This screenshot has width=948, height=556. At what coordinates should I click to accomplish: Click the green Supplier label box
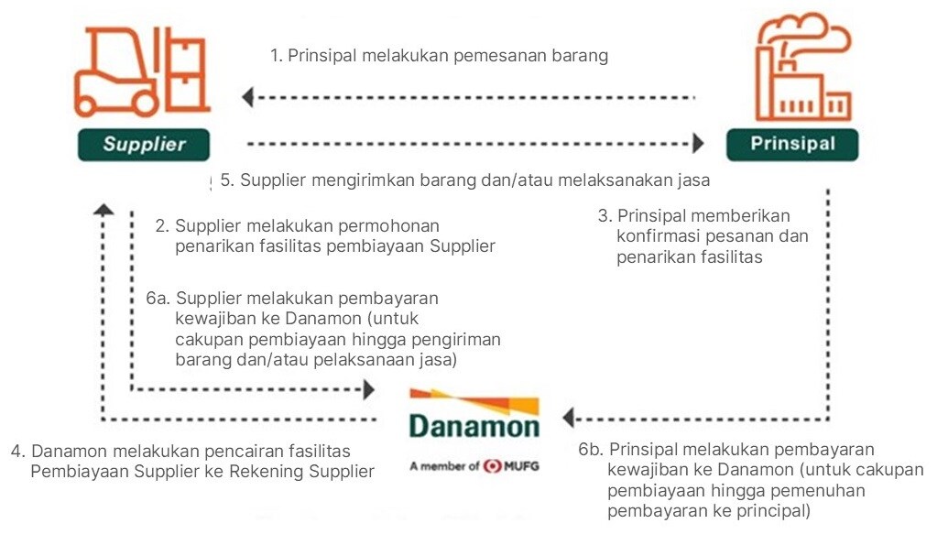[144, 145]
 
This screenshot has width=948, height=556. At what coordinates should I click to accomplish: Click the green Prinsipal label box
[792, 145]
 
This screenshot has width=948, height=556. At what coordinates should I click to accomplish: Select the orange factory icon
[803, 67]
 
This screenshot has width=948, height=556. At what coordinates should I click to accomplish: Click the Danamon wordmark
[474, 425]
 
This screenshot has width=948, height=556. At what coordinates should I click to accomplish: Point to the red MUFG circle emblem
[493, 466]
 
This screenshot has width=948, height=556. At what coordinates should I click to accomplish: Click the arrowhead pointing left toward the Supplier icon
[247, 97]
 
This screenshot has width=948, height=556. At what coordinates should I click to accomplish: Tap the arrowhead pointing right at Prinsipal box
[698, 144]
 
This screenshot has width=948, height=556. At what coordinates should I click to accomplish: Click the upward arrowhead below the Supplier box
[104, 210]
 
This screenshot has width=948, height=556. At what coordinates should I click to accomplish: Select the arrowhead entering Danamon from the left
[369, 389]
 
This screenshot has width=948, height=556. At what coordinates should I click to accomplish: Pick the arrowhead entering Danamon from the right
[568, 418]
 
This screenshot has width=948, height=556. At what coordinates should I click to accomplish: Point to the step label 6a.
[158, 299]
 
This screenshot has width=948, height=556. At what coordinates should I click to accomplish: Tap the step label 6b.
[592, 450]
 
